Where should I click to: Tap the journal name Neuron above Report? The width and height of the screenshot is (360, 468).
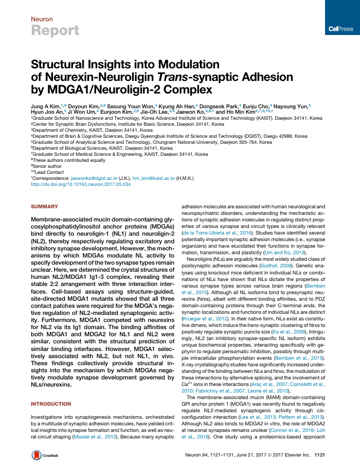click(42, 19)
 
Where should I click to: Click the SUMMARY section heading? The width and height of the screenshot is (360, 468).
click(44, 206)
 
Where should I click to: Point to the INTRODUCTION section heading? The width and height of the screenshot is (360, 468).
click(51, 403)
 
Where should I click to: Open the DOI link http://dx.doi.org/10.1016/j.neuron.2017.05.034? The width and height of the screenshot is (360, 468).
click(80, 185)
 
